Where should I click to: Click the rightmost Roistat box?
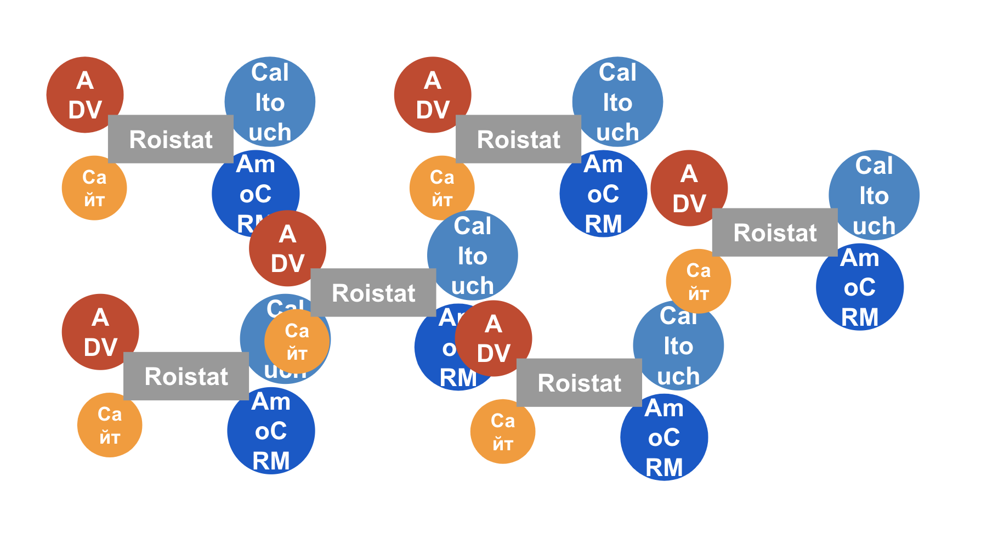(x=774, y=233)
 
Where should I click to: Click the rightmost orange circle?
(x=698, y=281)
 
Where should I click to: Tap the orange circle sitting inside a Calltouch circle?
(x=297, y=341)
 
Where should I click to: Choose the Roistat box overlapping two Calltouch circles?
(x=373, y=292)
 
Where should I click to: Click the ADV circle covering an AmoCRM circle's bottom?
(x=287, y=248)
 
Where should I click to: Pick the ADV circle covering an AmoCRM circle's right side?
(x=493, y=338)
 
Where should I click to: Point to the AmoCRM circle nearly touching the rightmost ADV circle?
(x=603, y=194)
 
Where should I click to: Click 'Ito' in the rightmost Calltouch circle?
(x=874, y=196)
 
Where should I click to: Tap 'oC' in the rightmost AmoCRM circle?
(x=860, y=287)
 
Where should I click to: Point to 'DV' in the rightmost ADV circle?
(x=689, y=203)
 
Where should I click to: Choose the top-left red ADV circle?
(x=84, y=94)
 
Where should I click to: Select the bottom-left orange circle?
(x=110, y=425)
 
